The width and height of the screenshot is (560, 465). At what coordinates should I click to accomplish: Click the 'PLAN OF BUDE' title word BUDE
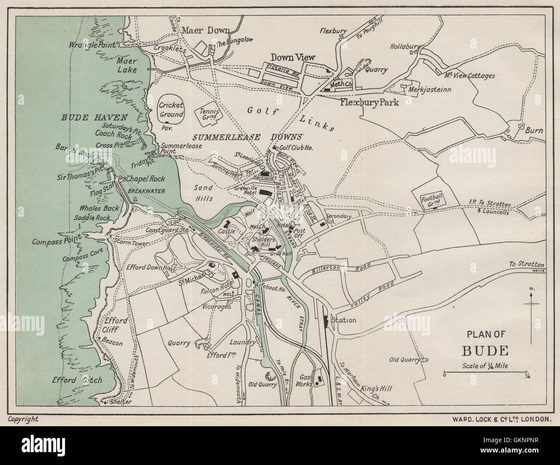(485, 350)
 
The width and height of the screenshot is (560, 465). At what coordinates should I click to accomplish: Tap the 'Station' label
(343, 320)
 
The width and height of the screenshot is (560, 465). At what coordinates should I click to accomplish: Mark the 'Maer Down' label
(205, 30)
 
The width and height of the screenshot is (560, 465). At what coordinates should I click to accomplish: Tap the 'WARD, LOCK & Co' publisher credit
(501, 418)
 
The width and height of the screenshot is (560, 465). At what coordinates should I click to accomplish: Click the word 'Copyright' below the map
(23, 419)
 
